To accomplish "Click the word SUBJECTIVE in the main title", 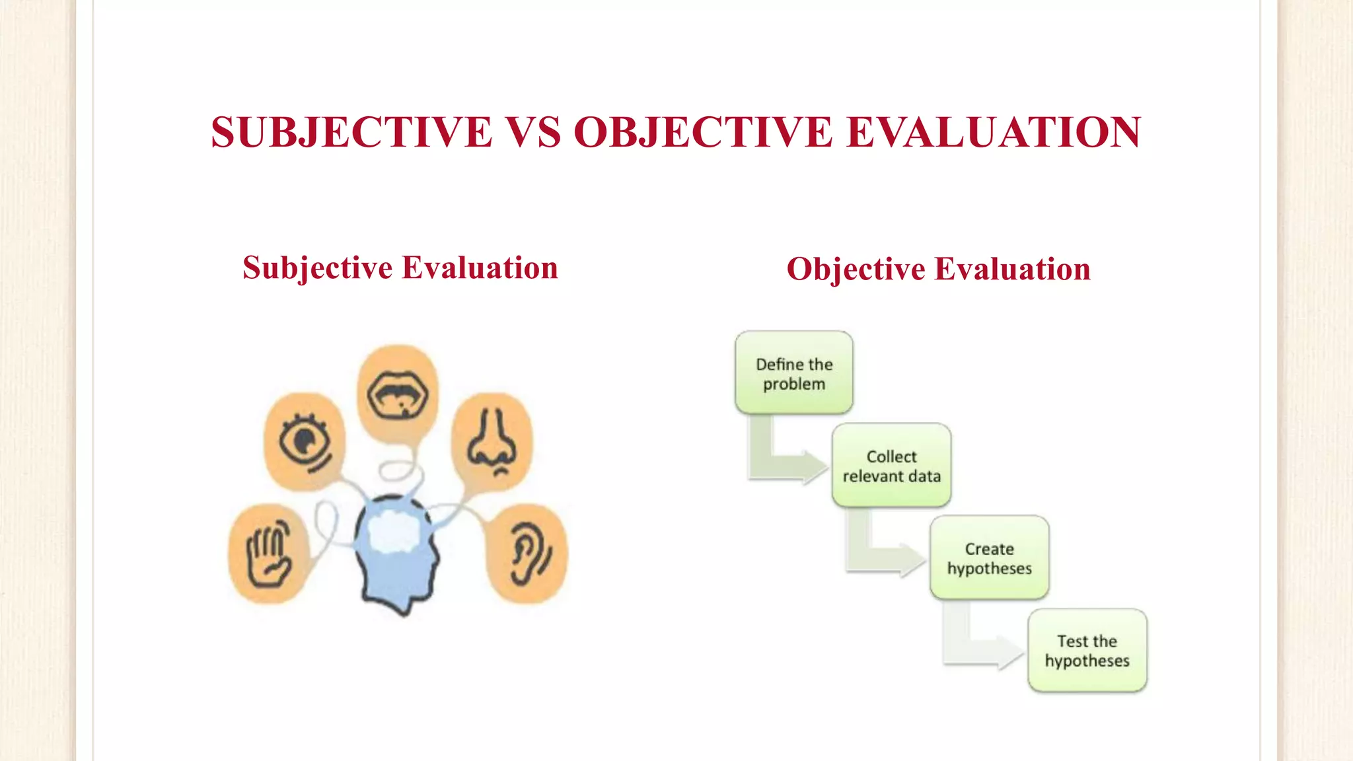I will [x=351, y=132].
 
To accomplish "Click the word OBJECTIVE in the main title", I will [x=702, y=132].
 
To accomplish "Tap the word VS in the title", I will [x=532, y=132].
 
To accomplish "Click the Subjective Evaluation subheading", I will [x=400, y=268].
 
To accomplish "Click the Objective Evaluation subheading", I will [x=938, y=270].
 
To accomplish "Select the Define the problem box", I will [x=794, y=373].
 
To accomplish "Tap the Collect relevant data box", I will [x=891, y=466].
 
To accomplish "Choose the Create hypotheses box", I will [x=989, y=558].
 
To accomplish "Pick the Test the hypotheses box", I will [x=1087, y=651].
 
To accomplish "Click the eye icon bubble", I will [x=305, y=441].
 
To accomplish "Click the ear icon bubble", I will [x=527, y=554].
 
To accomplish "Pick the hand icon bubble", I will [x=268, y=554].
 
